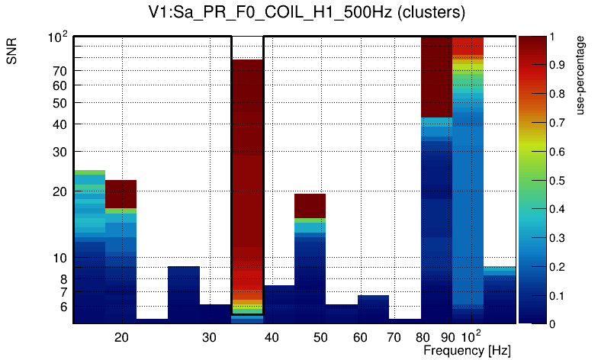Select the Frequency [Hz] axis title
click(x=467, y=351)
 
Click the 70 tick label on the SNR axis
click(x=59, y=71)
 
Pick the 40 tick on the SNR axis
click(x=59, y=124)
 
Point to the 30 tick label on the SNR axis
click(x=59, y=152)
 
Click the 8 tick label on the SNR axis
click(x=63, y=279)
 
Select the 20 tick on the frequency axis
click(x=121, y=336)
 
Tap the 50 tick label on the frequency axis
click(x=320, y=336)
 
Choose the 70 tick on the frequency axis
click(x=394, y=336)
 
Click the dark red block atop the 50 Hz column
click(x=310, y=205)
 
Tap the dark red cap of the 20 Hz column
click(x=121, y=194)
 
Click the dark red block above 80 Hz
click(x=436, y=76)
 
